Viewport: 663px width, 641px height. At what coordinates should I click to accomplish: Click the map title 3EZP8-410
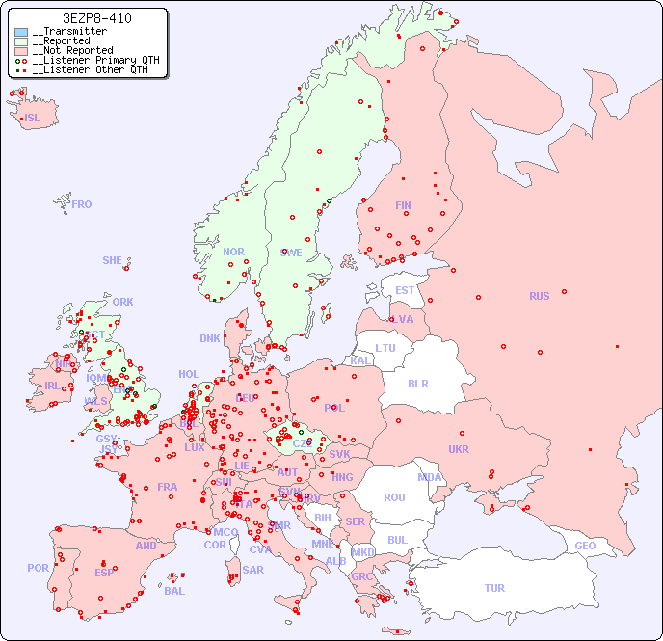pos(96,18)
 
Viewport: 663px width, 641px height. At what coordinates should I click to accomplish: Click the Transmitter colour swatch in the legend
pos(21,32)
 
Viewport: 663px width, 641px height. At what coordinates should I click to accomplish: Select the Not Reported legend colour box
pos(21,51)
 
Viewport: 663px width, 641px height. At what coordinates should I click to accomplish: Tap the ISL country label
pos(33,119)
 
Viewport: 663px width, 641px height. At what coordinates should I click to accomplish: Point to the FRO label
pos(82,204)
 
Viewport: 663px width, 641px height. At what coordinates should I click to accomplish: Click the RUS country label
pos(539,296)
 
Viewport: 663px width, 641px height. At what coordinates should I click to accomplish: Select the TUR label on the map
pos(494,588)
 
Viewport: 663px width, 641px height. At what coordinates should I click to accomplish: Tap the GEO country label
pos(585,546)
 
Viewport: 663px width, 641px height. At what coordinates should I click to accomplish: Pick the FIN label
pos(403,205)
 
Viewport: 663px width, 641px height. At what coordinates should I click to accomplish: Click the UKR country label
pos(459,449)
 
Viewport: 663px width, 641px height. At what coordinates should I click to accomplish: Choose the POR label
pos(38,568)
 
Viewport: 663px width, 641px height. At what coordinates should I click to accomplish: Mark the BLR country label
pos(417,383)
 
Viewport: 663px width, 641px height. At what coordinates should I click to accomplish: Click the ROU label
pos(394,497)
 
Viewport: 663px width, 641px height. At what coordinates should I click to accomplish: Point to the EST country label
pos(405,290)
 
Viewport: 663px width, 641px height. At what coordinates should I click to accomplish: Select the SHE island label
pos(113,260)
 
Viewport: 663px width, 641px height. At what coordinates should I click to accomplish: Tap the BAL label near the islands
pos(174,591)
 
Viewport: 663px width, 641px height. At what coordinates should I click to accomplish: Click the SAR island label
pos(253,569)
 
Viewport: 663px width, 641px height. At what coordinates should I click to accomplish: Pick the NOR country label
pos(233,252)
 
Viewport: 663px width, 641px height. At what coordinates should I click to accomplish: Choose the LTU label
pos(385,348)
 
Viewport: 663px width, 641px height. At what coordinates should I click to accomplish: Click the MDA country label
pos(430,477)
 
